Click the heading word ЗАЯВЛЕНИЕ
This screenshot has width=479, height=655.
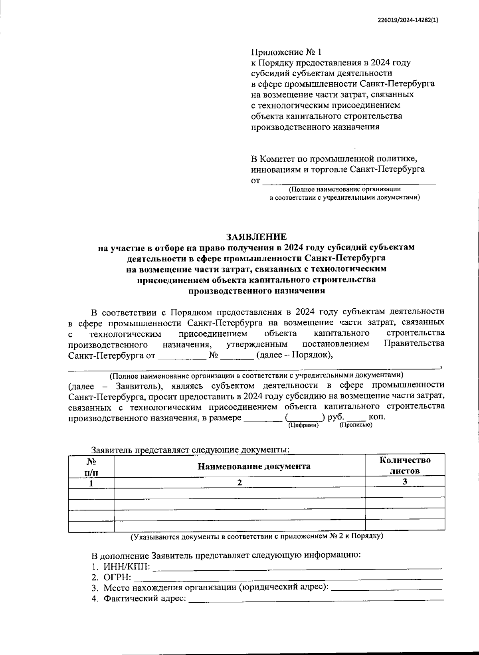point(256,236)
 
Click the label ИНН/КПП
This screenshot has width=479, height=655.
point(127,566)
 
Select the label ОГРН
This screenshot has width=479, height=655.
point(117,577)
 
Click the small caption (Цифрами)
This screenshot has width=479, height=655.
point(303,425)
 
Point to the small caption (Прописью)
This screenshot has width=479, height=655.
point(356,425)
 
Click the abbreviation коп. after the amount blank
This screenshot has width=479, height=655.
point(377,417)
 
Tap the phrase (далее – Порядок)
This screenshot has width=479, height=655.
point(294,355)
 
